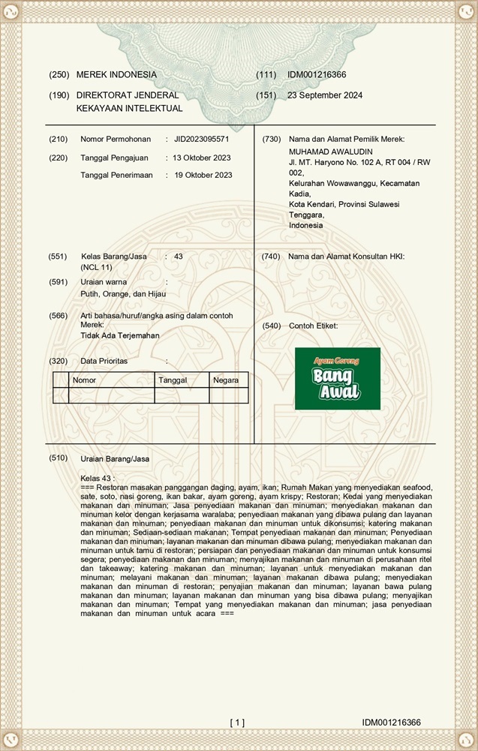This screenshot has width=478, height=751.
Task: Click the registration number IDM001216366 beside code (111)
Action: click(x=317, y=75)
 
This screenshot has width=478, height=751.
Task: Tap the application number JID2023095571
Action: click(x=201, y=140)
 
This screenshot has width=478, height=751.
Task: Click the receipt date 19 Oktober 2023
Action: click(x=203, y=176)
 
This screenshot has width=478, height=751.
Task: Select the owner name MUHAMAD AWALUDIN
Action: click(x=324, y=151)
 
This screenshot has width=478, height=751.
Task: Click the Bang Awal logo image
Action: click(x=337, y=379)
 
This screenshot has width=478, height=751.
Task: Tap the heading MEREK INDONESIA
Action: click(x=116, y=75)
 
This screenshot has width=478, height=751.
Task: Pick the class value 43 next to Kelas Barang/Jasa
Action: click(x=179, y=257)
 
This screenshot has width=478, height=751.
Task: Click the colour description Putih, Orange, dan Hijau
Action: click(x=123, y=294)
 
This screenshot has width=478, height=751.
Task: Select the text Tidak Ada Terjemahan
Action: click(x=120, y=335)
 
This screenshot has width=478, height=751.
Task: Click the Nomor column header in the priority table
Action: click(x=83, y=380)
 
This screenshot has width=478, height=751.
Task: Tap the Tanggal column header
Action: click(x=173, y=380)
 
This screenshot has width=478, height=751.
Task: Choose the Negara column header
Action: click(x=226, y=380)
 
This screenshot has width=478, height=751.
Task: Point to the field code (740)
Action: click(x=270, y=257)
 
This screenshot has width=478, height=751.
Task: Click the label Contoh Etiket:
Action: click(x=313, y=326)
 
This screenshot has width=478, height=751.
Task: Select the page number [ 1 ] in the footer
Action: click(x=237, y=722)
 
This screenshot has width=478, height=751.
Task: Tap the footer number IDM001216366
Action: click(x=391, y=722)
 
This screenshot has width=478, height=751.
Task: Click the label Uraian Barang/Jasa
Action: click(x=115, y=458)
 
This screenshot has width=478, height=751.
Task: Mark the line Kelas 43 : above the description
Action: click(x=98, y=478)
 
